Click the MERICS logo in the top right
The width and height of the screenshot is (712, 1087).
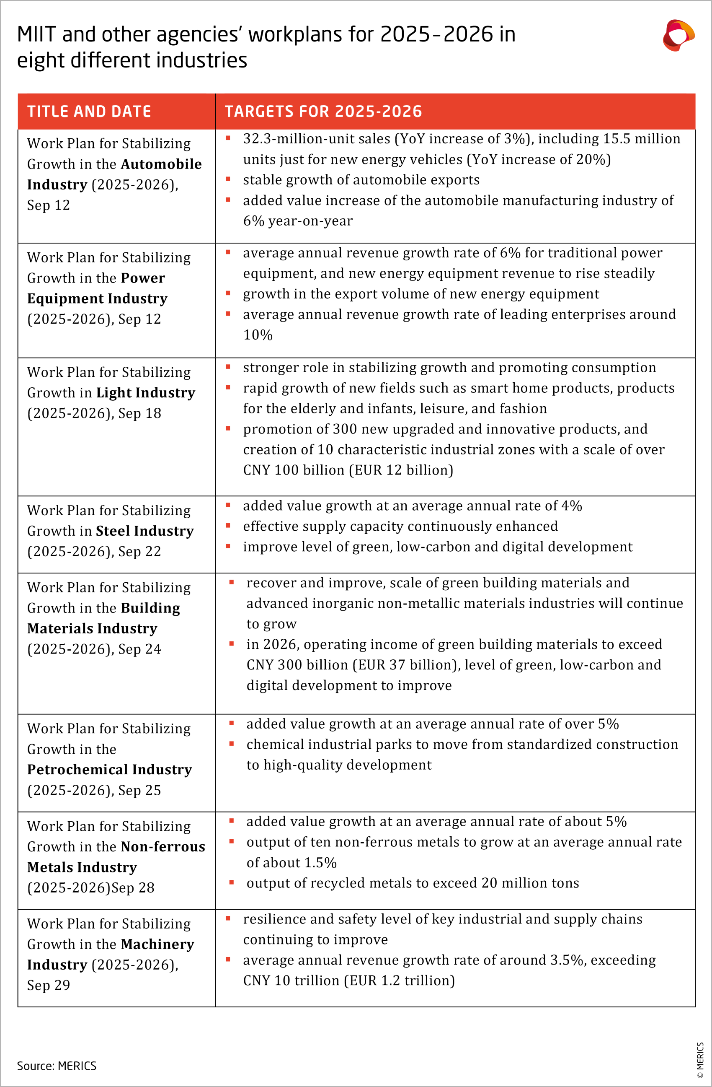pos(678,35)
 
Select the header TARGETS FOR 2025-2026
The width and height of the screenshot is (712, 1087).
pos(323,112)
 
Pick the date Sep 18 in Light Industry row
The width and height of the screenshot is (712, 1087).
pos(139,413)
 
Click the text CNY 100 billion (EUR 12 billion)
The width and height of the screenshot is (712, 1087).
pos(348,470)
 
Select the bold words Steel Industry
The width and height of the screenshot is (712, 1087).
pos(144,531)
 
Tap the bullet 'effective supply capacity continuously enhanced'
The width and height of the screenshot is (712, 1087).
pos(400,526)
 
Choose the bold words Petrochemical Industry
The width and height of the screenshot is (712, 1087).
pos(110,770)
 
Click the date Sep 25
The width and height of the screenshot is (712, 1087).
pos(139,790)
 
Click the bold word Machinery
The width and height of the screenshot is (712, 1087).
pos(157,944)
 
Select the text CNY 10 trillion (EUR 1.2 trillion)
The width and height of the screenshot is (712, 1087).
pos(349,981)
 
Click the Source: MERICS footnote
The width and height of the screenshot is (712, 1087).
pos(57,1066)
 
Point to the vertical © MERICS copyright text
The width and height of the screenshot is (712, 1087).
pos(700,1060)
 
